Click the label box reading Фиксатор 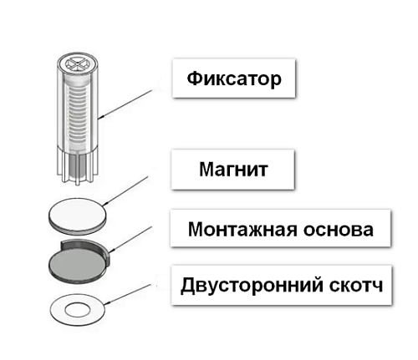[x=233, y=81]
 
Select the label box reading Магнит [x=233, y=171]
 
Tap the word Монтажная [x=237, y=229]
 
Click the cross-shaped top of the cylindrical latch [x=73, y=63]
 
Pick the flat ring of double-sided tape [x=57, y=311]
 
